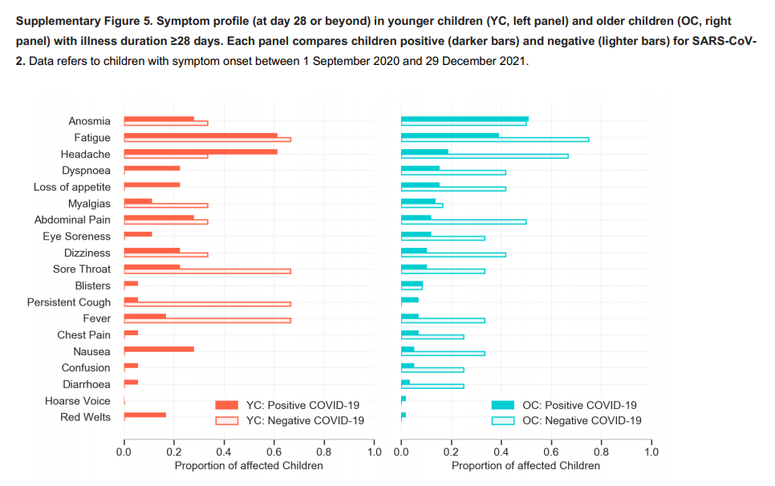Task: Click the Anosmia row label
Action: [x=89, y=121]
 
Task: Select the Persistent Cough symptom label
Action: [x=69, y=302]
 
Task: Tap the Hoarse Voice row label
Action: [x=78, y=400]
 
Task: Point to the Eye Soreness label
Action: [x=77, y=237]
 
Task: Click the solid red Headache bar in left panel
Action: [x=201, y=151]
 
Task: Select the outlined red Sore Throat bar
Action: [x=207, y=271]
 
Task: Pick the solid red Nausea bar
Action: [x=159, y=349]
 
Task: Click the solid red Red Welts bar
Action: [x=145, y=415]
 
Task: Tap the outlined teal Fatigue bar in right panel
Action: [x=495, y=140]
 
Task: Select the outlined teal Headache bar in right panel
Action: [x=485, y=156]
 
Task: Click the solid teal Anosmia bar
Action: [x=465, y=118]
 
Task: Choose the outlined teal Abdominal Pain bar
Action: [x=464, y=221]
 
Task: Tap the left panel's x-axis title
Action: [x=249, y=466]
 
